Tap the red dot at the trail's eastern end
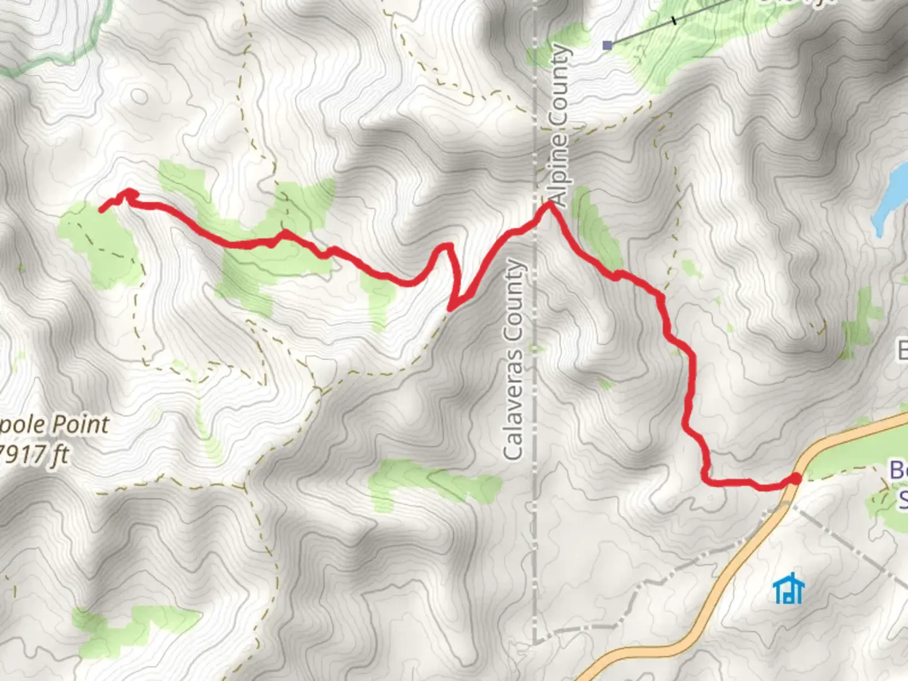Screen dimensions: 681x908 [795, 479]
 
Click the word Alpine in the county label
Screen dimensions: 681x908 [560, 162]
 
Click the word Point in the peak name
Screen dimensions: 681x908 [79, 424]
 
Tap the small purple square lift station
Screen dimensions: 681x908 [607, 45]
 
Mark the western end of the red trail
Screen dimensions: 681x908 [102, 209]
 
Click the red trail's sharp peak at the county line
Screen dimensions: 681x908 [550, 204]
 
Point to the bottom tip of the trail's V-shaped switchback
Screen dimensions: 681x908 [450, 308]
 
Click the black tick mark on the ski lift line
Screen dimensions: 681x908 [673, 20]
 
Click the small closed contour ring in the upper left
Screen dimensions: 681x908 [139, 96]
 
